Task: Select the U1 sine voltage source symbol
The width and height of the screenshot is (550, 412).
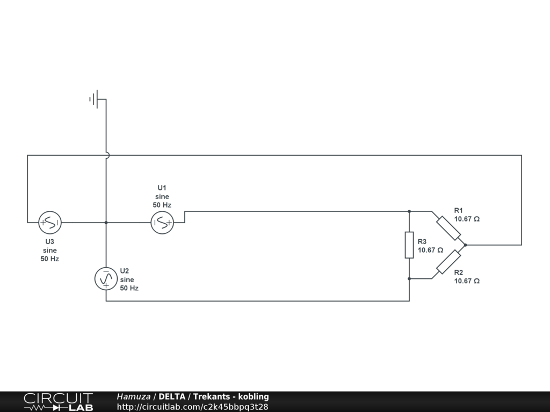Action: [162, 222]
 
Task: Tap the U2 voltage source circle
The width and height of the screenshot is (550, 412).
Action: [106, 279]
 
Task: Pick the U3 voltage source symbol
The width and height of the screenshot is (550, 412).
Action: [50, 222]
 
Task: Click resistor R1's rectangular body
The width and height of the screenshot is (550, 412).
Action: [448, 228]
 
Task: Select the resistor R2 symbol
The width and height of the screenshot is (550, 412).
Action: [448, 262]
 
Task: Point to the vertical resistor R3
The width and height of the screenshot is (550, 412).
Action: [409, 245]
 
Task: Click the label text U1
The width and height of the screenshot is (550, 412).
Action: [162, 188]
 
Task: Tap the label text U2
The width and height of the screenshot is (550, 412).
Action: [125, 270]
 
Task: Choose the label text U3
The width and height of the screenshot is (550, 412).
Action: [49, 241]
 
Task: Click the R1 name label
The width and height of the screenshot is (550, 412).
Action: [458, 210]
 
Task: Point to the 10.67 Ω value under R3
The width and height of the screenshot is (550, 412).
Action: [430, 250]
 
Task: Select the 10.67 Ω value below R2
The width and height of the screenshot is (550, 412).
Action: [466, 281]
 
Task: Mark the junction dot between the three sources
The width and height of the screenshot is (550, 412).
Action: [106, 222]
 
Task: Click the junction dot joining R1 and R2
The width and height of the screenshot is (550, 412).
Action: [465, 245]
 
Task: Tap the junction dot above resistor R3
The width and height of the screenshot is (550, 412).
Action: [409, 211]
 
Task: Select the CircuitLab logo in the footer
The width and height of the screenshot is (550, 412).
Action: [58, 401]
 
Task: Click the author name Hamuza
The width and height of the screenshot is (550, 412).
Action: [133, 396]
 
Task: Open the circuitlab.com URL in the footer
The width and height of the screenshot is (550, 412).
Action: [192, 407]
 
